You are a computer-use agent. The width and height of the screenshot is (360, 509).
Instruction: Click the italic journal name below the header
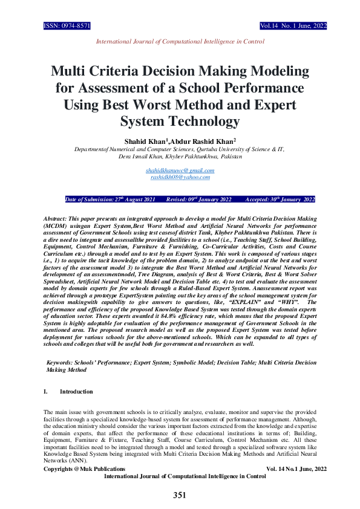180,42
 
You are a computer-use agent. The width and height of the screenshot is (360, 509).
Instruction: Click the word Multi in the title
72,70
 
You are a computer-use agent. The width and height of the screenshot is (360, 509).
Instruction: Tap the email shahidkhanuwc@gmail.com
180,170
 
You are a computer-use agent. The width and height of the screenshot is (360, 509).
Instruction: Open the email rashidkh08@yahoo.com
180,177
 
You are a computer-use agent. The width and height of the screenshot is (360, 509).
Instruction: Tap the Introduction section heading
76,392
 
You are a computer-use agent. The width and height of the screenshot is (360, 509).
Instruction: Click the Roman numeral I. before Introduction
46,392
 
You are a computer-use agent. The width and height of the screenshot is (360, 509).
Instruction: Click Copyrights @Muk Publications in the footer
84,468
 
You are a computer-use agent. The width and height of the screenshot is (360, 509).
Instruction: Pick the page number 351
180,495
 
